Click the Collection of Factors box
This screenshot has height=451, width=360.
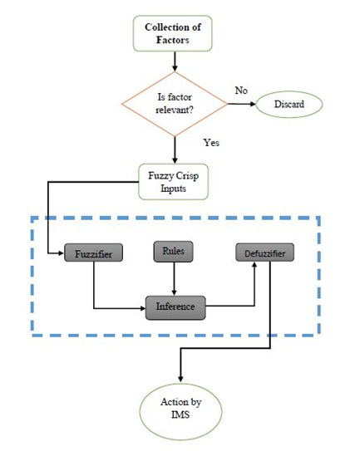(172, 33)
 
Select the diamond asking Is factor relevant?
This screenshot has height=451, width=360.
(175, 104)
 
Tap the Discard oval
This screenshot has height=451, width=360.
(289, 104)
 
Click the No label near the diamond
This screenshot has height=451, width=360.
(241, 91)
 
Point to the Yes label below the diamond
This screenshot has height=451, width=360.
(211, 142)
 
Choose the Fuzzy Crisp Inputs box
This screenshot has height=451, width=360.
(174, 182)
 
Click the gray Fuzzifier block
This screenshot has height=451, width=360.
(94, 252)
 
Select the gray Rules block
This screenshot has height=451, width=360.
(174, 252)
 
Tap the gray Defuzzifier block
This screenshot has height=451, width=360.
(265, 252)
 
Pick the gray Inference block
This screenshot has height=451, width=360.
(175, 308)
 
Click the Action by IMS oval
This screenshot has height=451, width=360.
(181, 412)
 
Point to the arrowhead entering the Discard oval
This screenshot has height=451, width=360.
(253, 104)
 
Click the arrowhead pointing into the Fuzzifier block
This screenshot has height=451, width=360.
(61, 253)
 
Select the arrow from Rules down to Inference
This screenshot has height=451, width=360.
(174, 279)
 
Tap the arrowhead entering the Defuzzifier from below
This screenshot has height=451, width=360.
(254, 265)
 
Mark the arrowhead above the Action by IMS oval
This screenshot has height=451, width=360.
(180, 380)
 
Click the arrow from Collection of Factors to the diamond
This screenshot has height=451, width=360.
(175, 61)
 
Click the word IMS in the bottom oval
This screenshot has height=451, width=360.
(180, 414)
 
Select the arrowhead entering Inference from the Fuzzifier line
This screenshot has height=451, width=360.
(142, 308)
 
